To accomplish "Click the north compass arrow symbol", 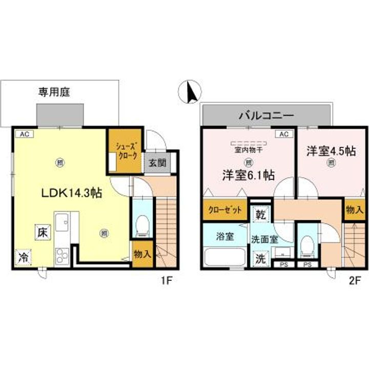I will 190,92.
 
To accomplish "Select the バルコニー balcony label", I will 265,115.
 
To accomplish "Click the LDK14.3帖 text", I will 71,193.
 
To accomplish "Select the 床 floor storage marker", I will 43,233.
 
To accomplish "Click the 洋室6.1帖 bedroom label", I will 247,175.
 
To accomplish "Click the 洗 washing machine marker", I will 260,258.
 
